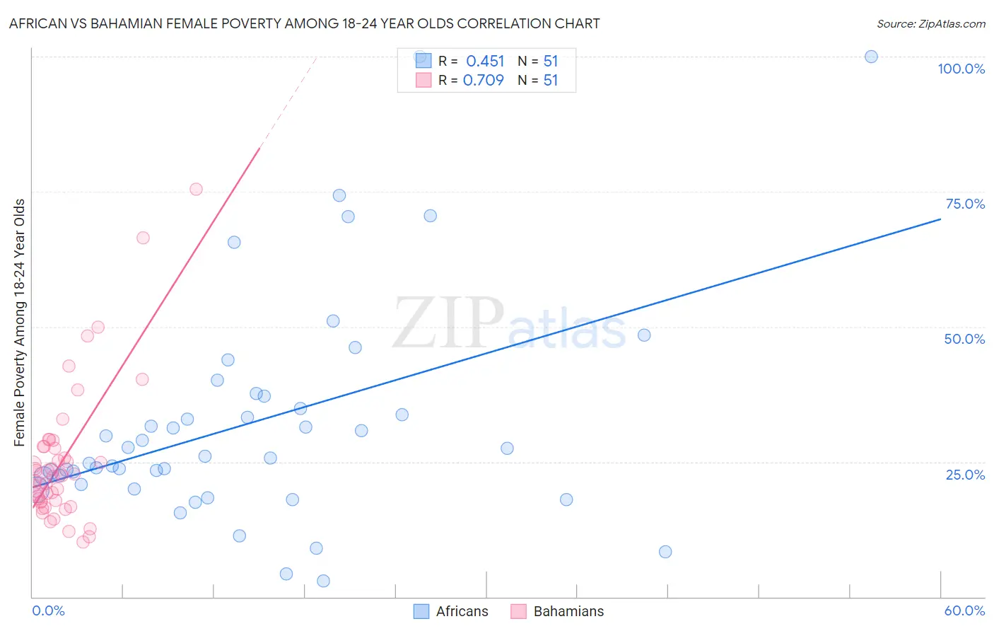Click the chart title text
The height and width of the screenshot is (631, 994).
[x=304, y=23]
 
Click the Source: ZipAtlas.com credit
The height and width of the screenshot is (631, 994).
[x=930, y=23]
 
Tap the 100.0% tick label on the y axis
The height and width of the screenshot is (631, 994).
[x=961, y=69]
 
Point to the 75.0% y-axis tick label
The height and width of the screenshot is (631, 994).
[x=965, y=204]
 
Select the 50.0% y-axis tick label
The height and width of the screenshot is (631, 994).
[x=964, y=339]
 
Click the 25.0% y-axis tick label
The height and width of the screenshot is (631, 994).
[x=965, y=474]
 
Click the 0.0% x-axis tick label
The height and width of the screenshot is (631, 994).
[x=48, y=610]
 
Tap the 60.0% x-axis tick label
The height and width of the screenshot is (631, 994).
[x=964, y=610]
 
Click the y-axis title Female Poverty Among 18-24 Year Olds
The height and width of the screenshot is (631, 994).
[x=20, y=323]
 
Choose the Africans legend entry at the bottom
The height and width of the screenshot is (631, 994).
[x=451, y=611]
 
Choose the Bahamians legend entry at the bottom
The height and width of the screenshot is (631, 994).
[x=558, y=611]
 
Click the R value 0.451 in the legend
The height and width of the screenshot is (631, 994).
[x=485, y=62]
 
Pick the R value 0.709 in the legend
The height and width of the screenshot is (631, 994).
[x=484, y=80]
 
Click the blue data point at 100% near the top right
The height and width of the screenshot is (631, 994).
[x=871, y=57]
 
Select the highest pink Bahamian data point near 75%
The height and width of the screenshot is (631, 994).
[x=196, y=189]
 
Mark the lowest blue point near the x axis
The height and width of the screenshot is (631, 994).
[x=323, y=581]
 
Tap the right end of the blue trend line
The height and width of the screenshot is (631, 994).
[x=940, y=219]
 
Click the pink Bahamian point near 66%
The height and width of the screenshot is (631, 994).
[x=143, y=238]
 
